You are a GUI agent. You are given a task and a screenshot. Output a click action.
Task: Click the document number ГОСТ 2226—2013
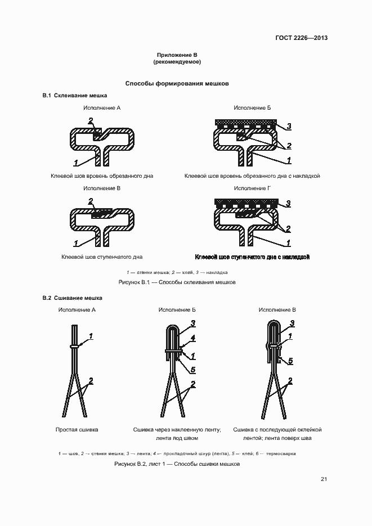(x=301, y=38)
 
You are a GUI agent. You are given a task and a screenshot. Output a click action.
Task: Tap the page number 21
(x=324, y=479)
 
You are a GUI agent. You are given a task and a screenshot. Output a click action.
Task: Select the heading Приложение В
(x=177, y=55)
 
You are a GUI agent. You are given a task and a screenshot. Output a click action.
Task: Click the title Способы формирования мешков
(x=177, y=83)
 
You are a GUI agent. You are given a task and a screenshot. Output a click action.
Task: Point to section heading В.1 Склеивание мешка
(x=75, y=96)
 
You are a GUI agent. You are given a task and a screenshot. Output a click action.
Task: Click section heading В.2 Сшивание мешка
(x=73, y=298)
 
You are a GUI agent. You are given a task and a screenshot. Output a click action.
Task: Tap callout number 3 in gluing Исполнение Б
(x=289, y=127)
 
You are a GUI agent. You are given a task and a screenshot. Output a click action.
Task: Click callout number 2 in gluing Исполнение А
(x=91, y=120)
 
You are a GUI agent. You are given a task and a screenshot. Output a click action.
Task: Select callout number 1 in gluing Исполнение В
(x=76, y=243)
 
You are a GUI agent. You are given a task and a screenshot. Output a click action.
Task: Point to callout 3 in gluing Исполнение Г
(x=288, y=203)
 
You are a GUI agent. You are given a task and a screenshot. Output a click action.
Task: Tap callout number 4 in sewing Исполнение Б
(x=193, y=338)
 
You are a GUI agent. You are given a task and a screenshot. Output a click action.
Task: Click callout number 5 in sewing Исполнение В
(x=290, y=361)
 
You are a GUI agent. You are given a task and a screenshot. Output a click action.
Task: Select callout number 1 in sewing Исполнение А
(x=91, y=336)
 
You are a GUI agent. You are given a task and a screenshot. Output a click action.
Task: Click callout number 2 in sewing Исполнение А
(x=91, y=381)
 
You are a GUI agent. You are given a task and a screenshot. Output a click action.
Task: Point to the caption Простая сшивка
(x=77, y=430)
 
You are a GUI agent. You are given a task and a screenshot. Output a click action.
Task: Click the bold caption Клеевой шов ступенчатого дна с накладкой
(x=252, y=257)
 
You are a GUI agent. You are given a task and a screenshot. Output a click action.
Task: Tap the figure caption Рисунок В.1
(x=177, y=282)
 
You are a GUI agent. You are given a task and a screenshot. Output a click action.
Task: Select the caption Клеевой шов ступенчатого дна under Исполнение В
(x=102, y=257)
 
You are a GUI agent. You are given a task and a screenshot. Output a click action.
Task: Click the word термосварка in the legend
(x=281, y=453)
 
